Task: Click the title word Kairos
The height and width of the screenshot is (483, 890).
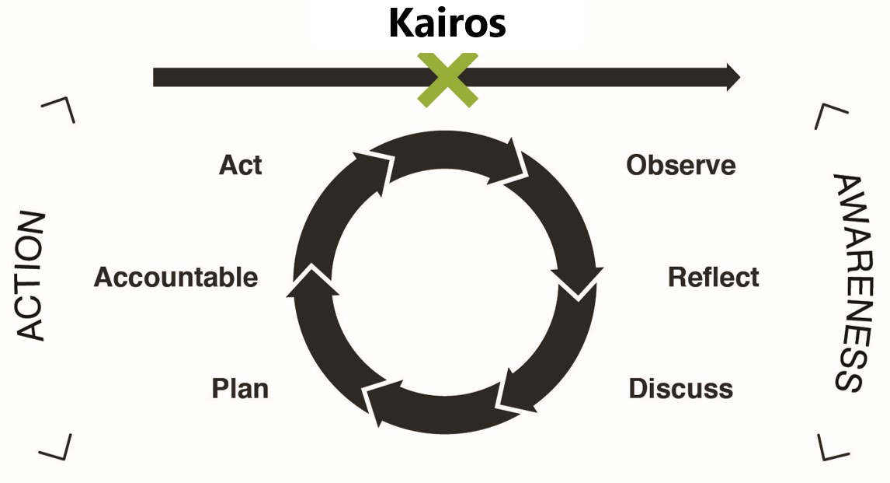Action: tap(447, 23)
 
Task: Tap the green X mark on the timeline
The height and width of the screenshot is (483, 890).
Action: tap(447, 79)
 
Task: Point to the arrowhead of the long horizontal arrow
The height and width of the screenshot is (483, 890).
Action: tap(732, 77)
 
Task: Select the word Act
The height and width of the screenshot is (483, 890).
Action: tap(240, 165)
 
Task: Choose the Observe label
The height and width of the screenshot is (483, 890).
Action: tap(680, 165)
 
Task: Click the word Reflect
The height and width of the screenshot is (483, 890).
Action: tap(713, 277)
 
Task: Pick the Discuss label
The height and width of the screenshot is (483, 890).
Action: tap(680, 388)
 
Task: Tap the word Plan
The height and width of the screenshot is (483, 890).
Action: tap(240, 388)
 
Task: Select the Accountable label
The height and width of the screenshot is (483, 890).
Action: tap(176, 277)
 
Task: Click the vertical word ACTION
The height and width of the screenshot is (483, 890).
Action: tap(31, 277)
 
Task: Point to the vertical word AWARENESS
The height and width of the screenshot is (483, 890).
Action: tap(850, 282)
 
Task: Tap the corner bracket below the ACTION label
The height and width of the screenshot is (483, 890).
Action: tap(57, 446)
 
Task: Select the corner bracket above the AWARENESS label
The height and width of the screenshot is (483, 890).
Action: tap(831, 116)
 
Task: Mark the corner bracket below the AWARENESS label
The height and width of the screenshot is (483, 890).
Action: tap(833, 446)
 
